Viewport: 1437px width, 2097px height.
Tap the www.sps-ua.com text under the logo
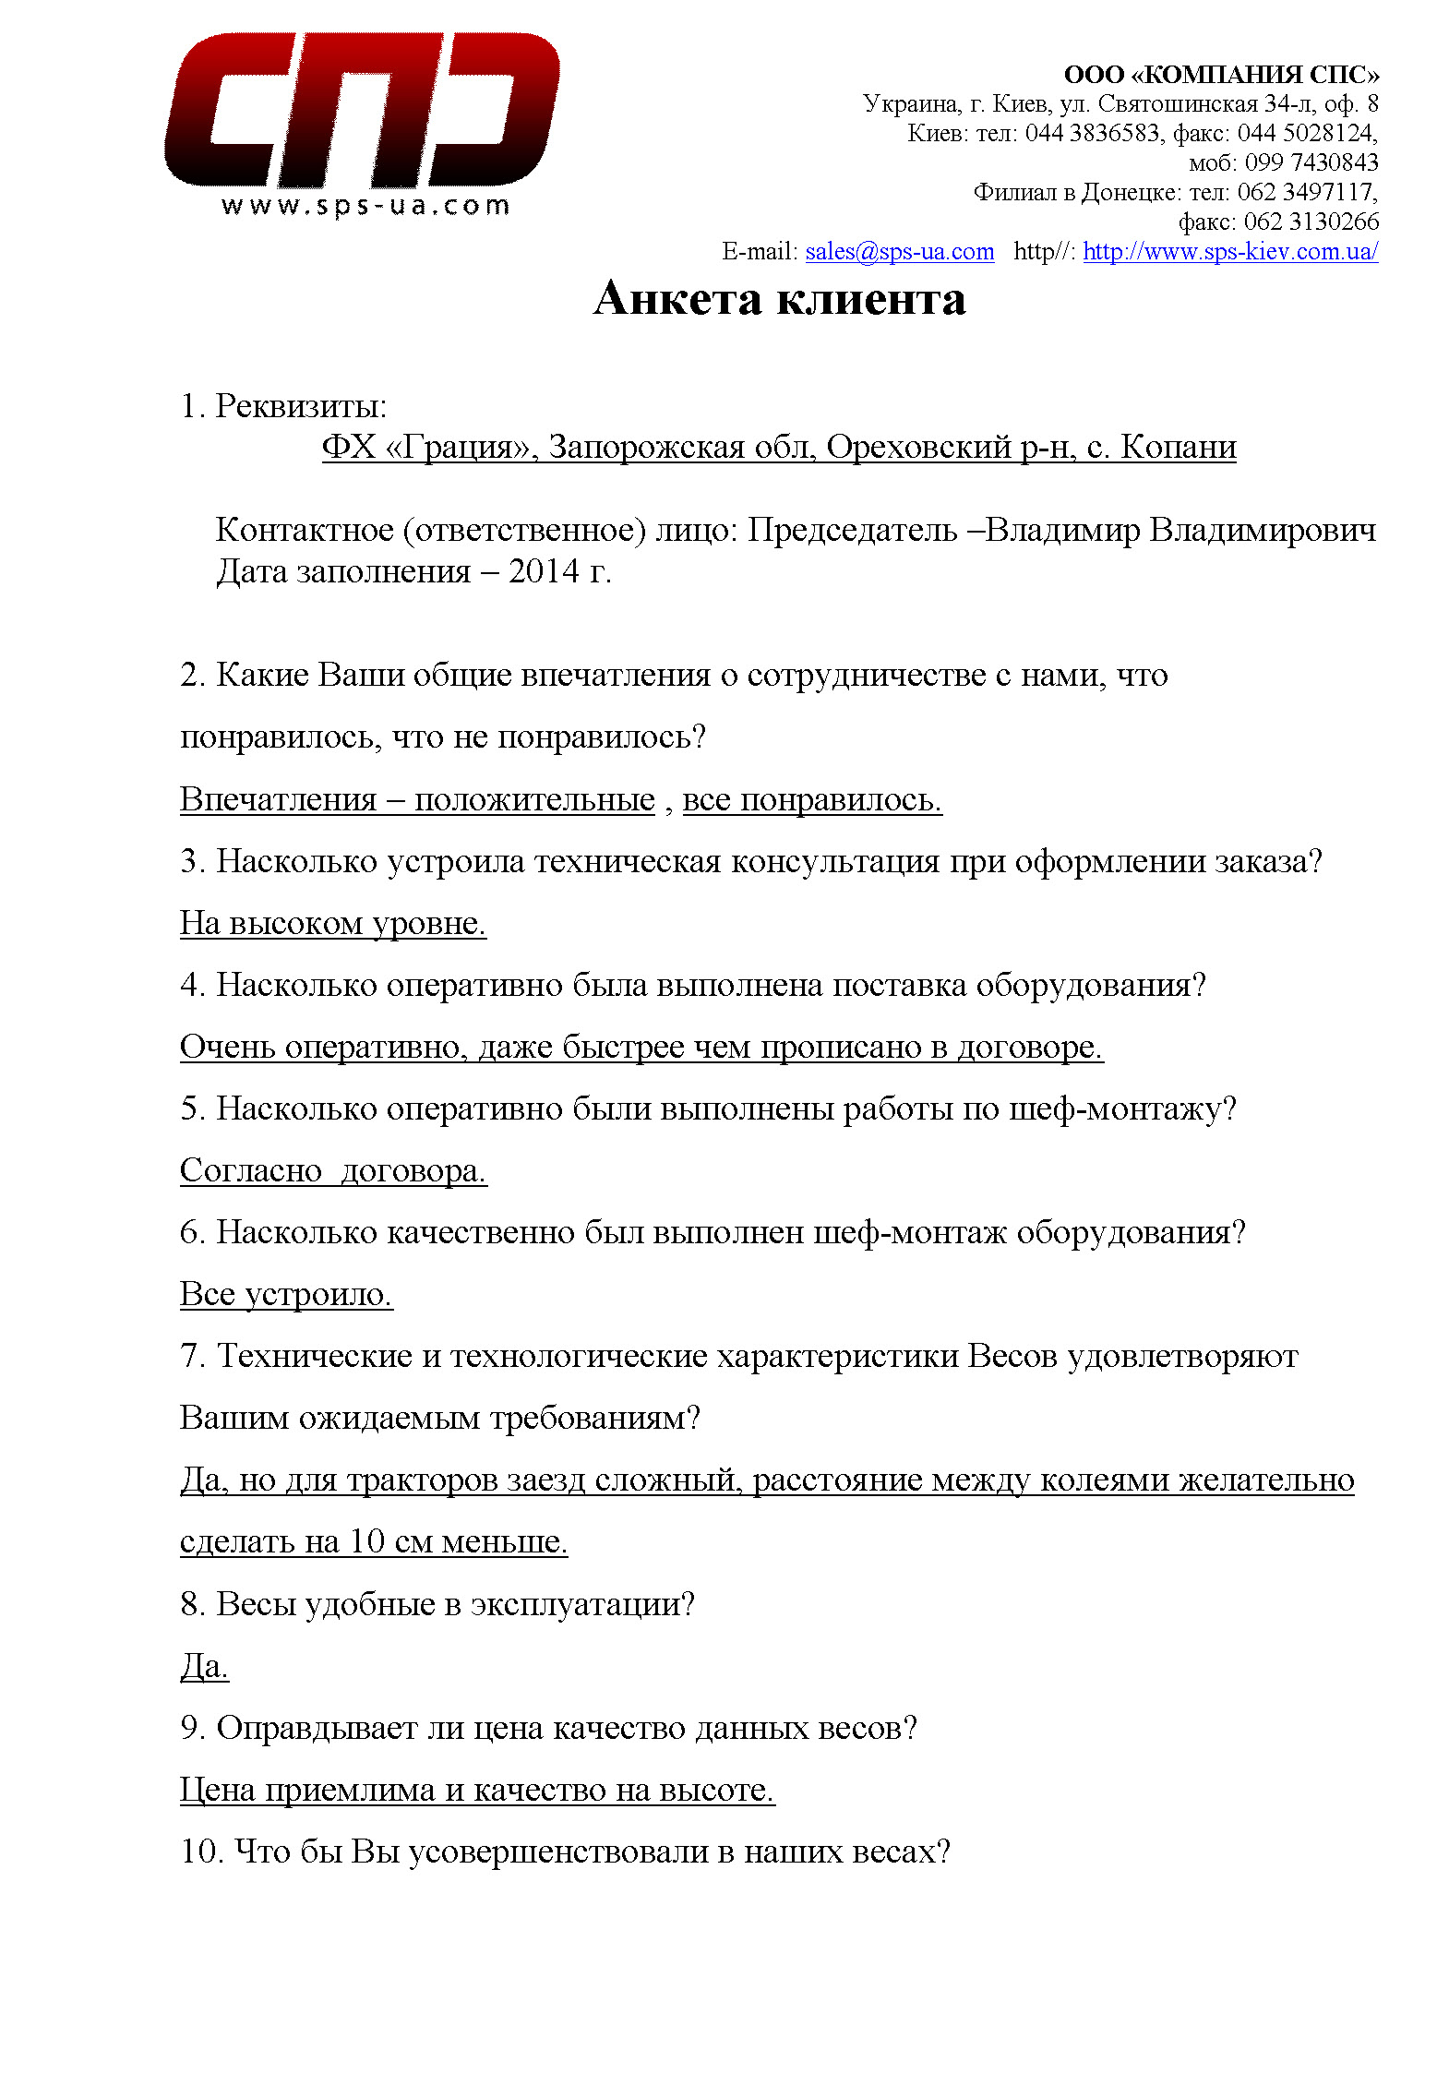tap(365, 205)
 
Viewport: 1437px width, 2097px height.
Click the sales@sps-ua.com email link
tap(899, 251)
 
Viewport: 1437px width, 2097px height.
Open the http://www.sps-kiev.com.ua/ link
tap(1229, 251)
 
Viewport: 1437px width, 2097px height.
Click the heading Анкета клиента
tap(779, 299)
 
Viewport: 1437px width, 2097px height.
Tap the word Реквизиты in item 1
tap(301, 406)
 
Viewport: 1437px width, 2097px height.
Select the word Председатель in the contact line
tap(852, 531)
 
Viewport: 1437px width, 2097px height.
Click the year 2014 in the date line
tap(544, 571)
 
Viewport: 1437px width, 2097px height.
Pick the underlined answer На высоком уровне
tap(332, 922)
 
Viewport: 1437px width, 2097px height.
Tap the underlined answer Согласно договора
tap(332, 1170)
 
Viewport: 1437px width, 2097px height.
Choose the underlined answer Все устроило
tap(286, 1294)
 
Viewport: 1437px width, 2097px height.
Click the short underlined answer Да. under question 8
tap(204, 1666)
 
